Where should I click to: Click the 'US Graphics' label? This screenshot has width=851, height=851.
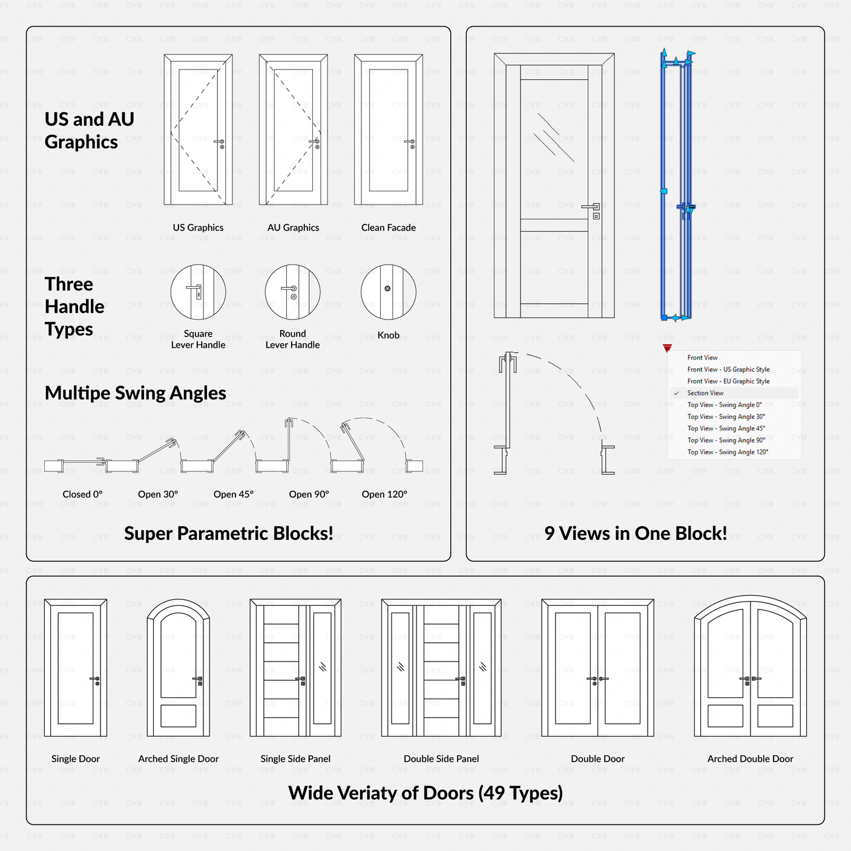(x=198, y=228)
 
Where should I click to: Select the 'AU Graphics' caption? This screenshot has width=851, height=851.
(x=293, y=228)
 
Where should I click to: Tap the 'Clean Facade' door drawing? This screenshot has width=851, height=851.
(x=389, y=130)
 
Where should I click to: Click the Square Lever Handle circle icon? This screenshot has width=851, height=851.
(x=198, y=292)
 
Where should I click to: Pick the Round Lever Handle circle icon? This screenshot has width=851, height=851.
(x=293, y=292)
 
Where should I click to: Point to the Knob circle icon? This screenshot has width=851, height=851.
(x=388, y=292)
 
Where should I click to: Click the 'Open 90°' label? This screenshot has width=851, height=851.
(x=309, y=494)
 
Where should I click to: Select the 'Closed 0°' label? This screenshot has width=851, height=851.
(x=82, y=494)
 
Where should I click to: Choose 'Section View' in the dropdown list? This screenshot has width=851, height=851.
(x=705, y=393)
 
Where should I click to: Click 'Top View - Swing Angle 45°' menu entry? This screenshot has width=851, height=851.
(x=726, y=429)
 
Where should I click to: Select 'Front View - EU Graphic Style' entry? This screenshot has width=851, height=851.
(x=728, y=381)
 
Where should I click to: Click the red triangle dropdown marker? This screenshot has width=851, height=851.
(x=667, y=348)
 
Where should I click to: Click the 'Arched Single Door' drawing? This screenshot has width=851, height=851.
(x=179, y=668)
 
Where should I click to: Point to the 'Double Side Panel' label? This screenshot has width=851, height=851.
(x=441, y=759)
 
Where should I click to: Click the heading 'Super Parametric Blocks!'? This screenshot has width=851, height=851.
(x=228, y=533)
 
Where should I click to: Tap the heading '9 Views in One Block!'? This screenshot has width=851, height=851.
(x=636, y=533)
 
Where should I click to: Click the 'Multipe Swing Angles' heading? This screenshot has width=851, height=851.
(x=136, y=393)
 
